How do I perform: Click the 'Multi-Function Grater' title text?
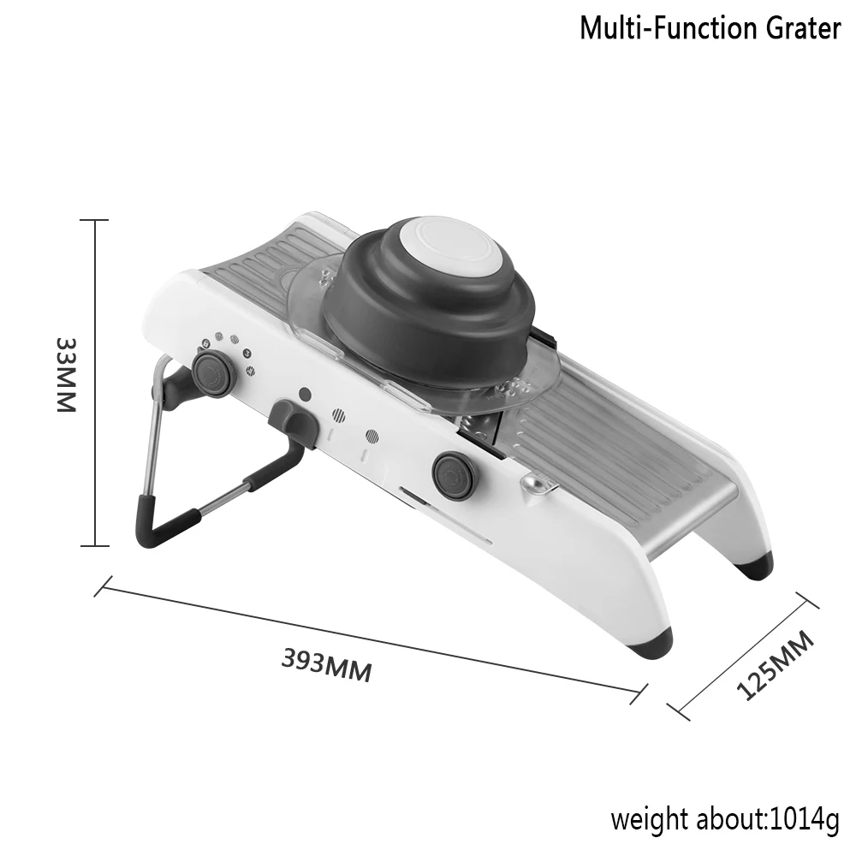click(x=710, y=28)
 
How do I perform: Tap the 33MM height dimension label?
click(x=67, y=375)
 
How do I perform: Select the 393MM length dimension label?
click(x=326, y=665)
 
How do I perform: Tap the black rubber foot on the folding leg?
click(x=163, y=520)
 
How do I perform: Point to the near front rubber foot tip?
click(x=651, y=645)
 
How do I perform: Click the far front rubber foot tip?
click(x=756, y=566)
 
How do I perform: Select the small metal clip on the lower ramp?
click(x=538, y=484)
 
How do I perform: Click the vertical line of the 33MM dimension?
click(x=95, y=383)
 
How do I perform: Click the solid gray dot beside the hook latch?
click(x=305, y=394)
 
